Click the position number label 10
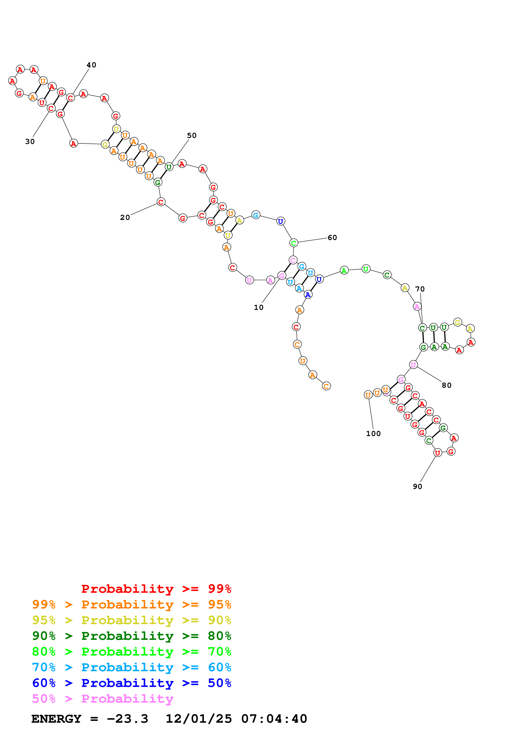click(x=258, y=308)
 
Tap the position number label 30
click(x=30, y=142)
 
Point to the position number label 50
click(x=192, y=136)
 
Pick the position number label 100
click(x=373, y=434)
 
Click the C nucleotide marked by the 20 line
click(x=161, y=202)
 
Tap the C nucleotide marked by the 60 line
click(x=294, y=243)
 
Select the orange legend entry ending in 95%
click(x=131, y=604)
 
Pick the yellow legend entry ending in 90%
click(x=131, y=620)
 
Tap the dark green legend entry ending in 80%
click(x=131, y=636)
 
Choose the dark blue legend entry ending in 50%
click(x=131, y=683)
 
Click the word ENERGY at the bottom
click(x=56, y=719)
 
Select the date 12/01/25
click(x=199, y=719)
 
